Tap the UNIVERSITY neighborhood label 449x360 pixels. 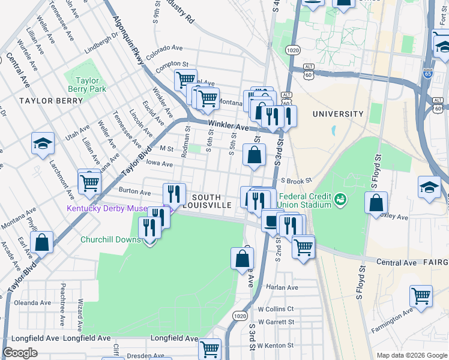tap(338, 114)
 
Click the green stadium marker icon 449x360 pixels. tap(340, 197)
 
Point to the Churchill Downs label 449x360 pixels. tap(111, 239)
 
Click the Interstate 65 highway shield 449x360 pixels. tap(427, 74)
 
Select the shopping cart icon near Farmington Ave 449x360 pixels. tap(421, 295)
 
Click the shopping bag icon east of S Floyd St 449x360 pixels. tap(376, 203)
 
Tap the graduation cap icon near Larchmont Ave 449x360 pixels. tap(42, 144)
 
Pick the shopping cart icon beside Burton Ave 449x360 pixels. tap(89, 181)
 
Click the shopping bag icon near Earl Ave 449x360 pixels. tap(42, 243)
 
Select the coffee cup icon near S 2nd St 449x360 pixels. tap(272, 221)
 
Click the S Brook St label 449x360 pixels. tap(296, 180)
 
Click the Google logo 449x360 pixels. tap(20, 353)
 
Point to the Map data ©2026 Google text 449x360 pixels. tap(411, 355)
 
